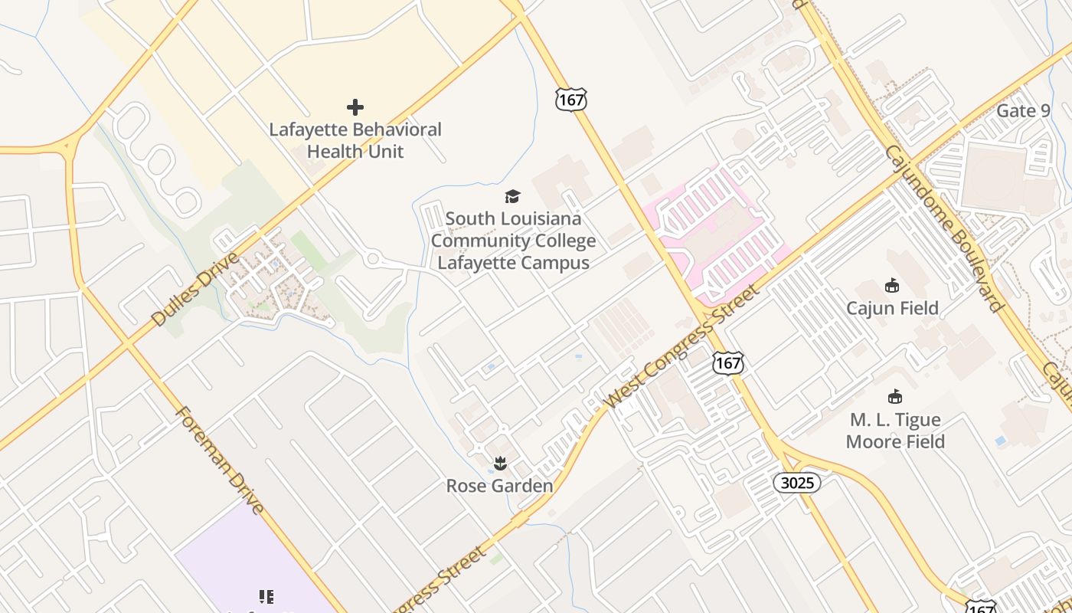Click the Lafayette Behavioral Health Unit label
(x=355, y=140)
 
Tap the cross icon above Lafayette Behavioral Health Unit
(x=355, y=107)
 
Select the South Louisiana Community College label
(x=513, y=241)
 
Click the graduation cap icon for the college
(x=512, y=197)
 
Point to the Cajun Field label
(x=892, y=308)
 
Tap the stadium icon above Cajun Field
(x=892, y=286)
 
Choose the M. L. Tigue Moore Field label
(x=895, y=431)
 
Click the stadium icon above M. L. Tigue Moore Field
(x=894, y=397)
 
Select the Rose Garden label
(x=499, y=486)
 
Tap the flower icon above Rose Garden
(x=500, y=463)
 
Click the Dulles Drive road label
(x=195, y=289)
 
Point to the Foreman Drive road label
(x=220, y=460)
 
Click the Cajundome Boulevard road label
(x=943, y=228)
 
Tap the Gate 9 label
(x=1023, y=110)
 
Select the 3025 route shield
(x=797, y=483)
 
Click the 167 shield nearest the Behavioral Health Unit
(x=571, y=99)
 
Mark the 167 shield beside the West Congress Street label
(x=727, y=362)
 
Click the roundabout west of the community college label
(x=374, y=259)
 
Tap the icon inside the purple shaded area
(x=266, y=596)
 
